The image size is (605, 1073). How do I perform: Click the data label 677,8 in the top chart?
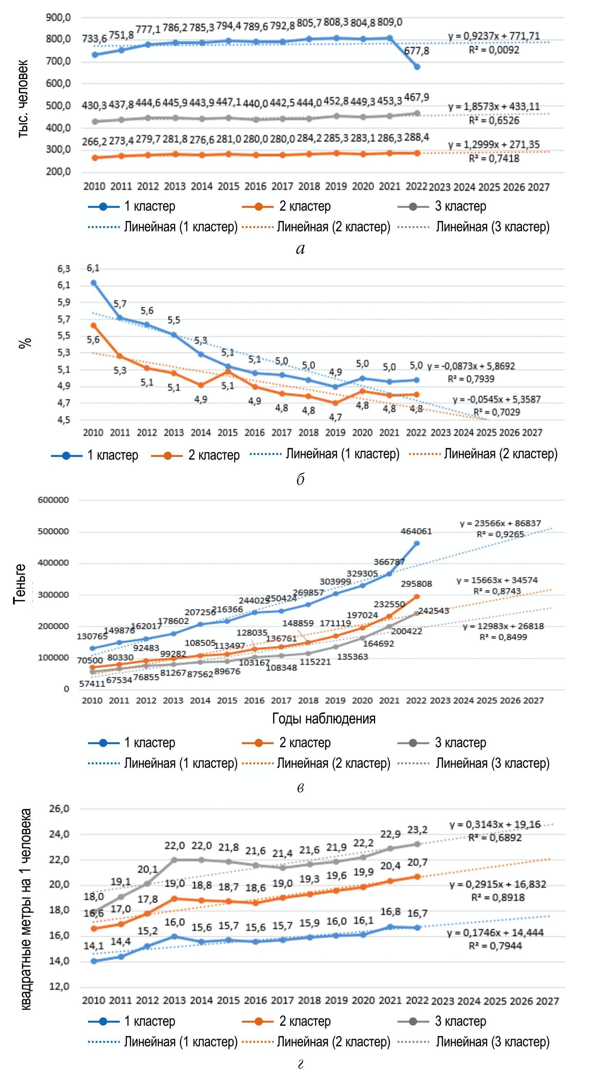[x=417, y=51]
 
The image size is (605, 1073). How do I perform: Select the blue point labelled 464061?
[x=417, y=543]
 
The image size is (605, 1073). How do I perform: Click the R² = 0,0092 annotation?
[x=494, y=50]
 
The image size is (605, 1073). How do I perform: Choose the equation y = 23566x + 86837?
[x=500, y=523]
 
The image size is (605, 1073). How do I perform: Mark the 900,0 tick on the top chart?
[x=58, y=17]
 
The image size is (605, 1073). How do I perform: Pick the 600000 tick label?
[x=53, y=500]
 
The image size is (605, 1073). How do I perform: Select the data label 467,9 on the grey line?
[x=417, y=97]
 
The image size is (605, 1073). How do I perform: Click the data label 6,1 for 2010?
[x=93, y=268]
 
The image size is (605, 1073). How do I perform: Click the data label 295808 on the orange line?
[x=416, y=584]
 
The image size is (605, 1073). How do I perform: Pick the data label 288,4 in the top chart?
[x=417, y=137]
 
